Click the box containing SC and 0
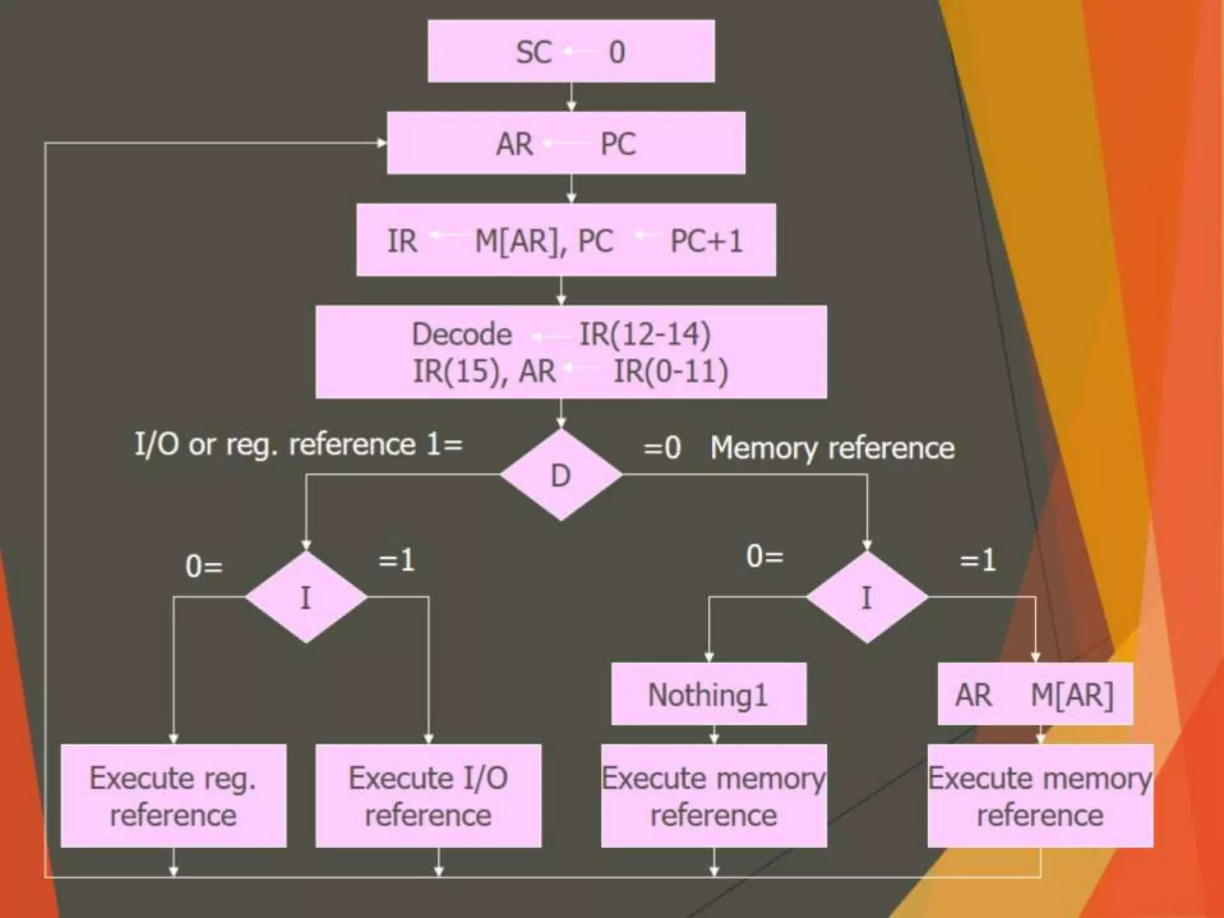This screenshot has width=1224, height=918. click(x=571, y=51)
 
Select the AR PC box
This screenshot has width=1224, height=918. click(x=566, y=143)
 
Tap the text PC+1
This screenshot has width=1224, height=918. click(x=706, y=241)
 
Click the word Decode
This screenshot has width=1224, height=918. click(x=461, y=334)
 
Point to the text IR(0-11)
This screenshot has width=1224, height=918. click(x=671, y=371)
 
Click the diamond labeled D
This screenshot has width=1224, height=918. click(x=561, y=476)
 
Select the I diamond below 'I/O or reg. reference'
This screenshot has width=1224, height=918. click(x=306, y=597)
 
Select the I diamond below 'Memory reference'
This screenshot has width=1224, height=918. click(x=867, y=597)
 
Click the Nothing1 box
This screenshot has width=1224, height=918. click(x=708, y=694)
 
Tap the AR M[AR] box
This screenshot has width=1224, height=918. click(x=1035, y=694)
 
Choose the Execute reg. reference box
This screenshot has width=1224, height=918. click(x=173, y=796)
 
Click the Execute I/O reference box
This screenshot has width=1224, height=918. click(x=428, y=796)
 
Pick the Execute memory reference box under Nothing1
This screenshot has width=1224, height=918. click(x=714, y=796)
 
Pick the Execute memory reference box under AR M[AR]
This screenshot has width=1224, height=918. click(x=1040, y=796)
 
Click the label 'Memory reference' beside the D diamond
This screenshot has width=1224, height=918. click(x=832, y=448)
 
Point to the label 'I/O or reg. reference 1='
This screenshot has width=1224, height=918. click(x=298, y=445)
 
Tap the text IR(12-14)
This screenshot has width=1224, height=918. click(x=645, y=334)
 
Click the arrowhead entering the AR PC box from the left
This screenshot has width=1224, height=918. click(x=381, y=143)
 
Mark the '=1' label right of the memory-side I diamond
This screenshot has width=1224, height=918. click(x=978, y=561)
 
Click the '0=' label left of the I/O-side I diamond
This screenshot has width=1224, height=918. click(x=204, y=566)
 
